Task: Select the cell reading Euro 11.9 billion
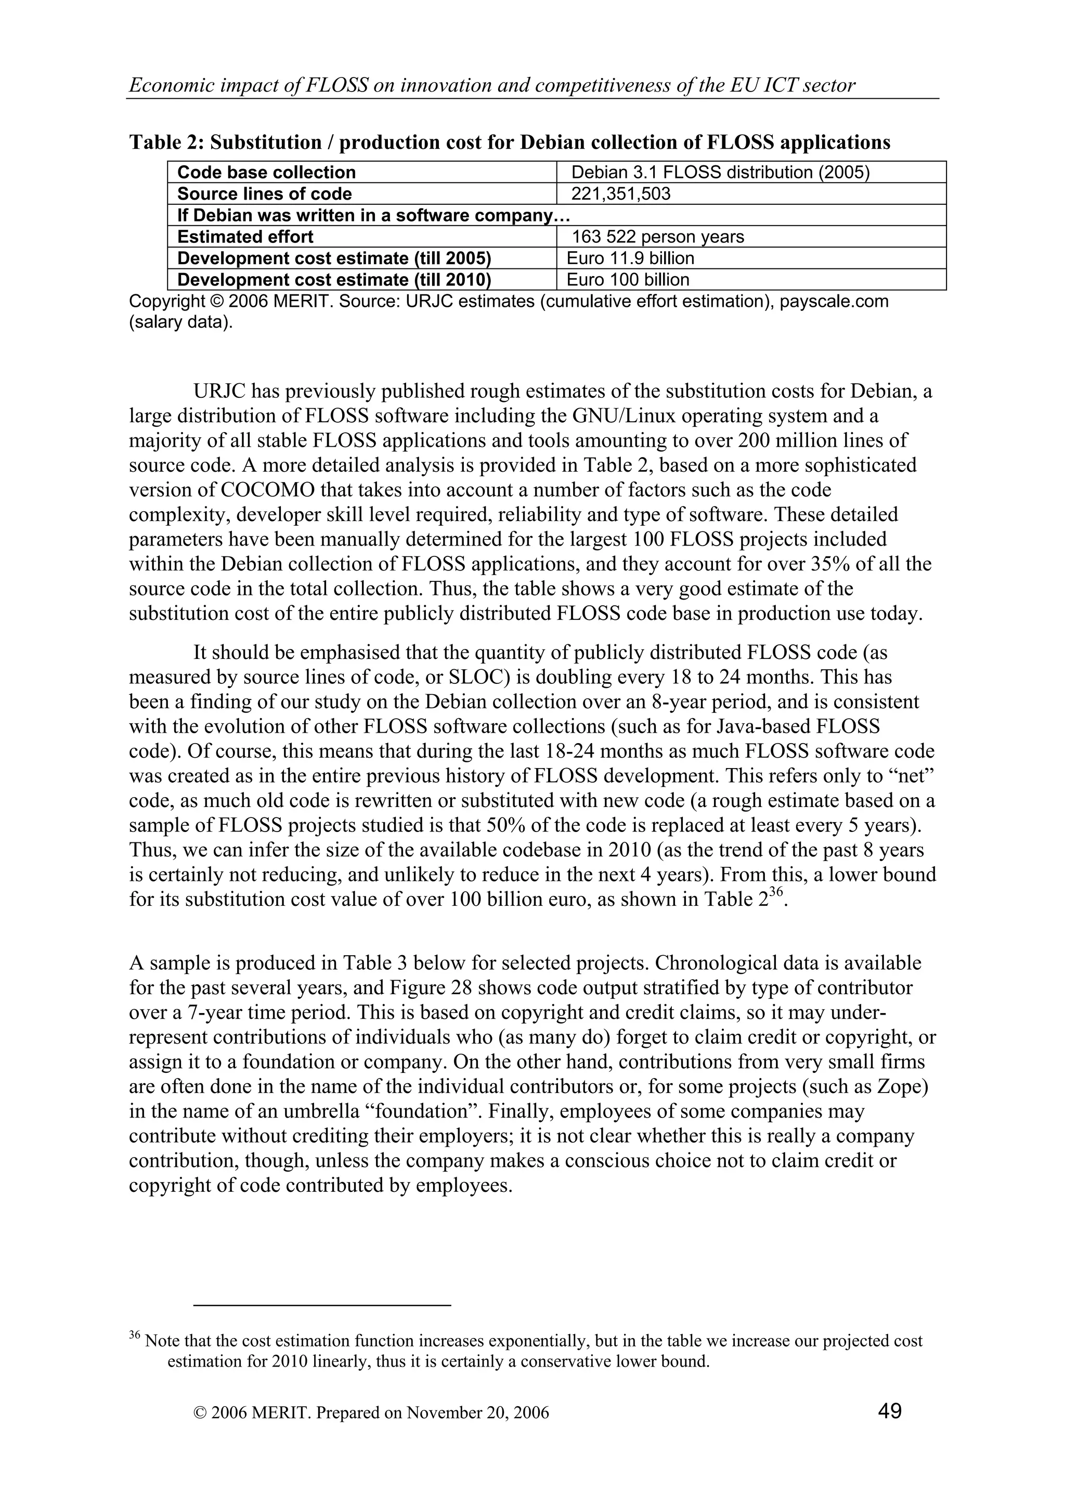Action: click(630, 258)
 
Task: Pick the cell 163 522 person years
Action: click(657, 237)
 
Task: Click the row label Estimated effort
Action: click(245, 237)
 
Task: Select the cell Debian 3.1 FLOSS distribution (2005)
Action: click(720, 173)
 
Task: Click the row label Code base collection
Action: click(266, 173)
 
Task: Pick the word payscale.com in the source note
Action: click(834, 302)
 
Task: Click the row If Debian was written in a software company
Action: click(373, 215)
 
